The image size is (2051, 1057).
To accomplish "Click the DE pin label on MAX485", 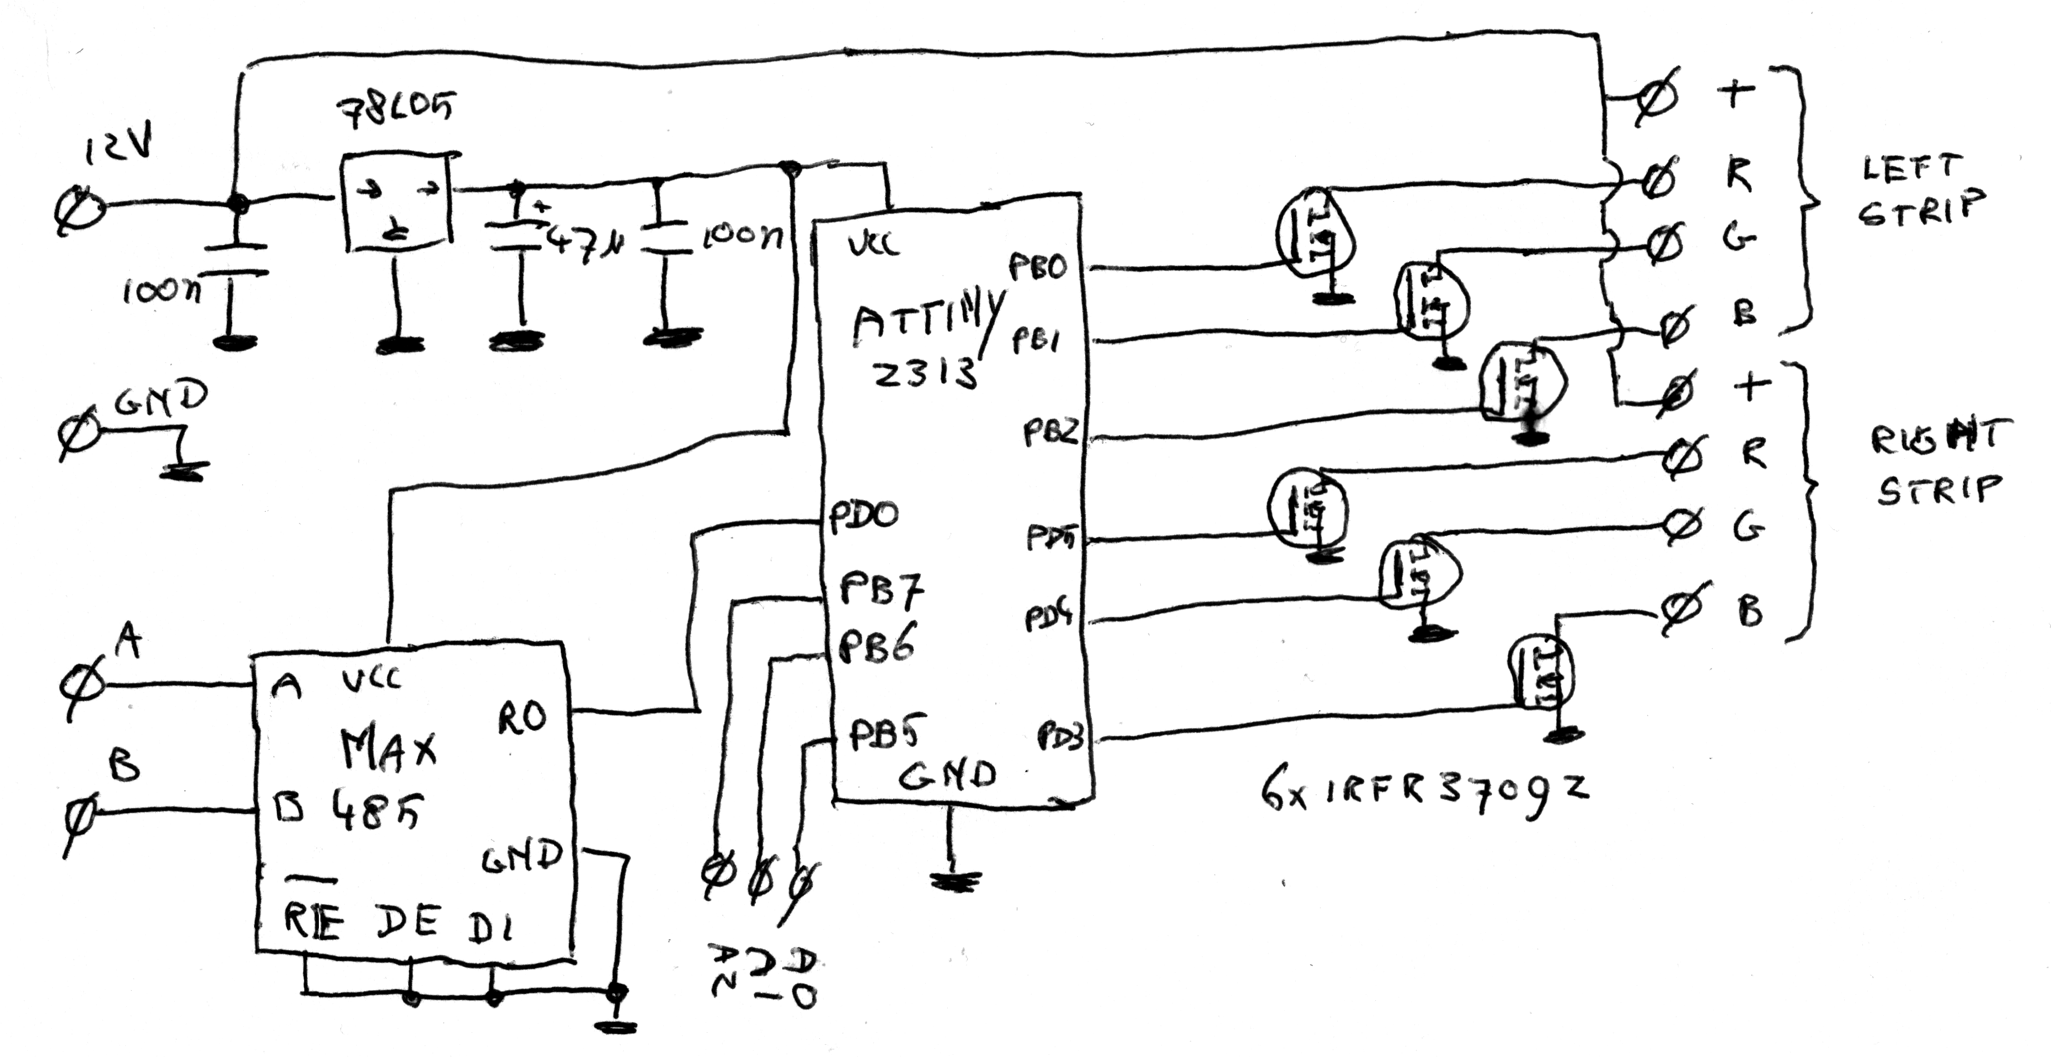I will pyautogui.click(x=407, y=923).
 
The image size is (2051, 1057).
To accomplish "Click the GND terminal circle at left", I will pyautogui.click(x=79, y=434).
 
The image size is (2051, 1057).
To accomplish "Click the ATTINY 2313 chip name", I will pyautogui.click(x=923, y=343).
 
